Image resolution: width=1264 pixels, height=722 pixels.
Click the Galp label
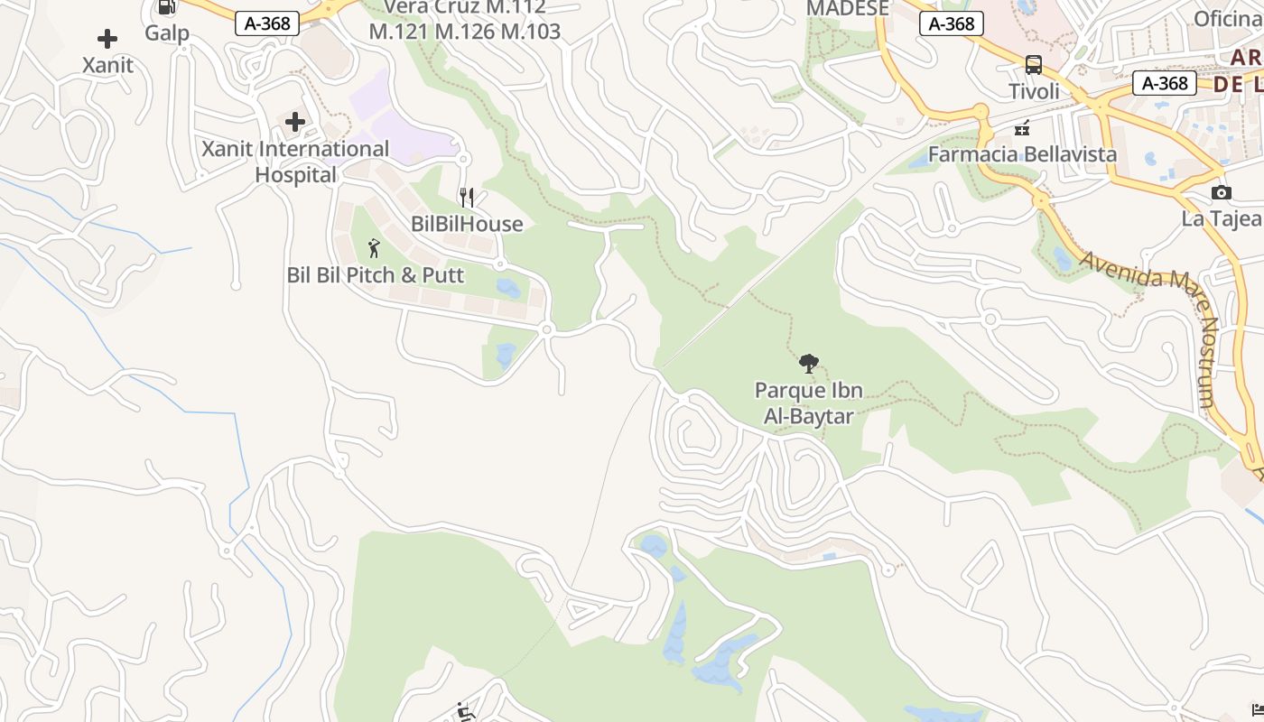coord(167,33)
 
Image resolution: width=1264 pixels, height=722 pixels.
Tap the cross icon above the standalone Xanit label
coord(107,39)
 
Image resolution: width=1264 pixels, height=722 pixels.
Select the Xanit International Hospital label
coord(295,162)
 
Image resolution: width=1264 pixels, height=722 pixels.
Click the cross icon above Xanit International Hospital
coord(295,122)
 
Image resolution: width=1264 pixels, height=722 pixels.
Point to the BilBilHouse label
coord(467,224)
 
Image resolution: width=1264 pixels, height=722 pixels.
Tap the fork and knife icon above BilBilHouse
coord(467,198)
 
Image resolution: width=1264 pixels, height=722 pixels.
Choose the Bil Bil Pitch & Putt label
coord(376,275)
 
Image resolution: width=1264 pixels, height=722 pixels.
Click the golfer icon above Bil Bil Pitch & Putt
coord(375,248)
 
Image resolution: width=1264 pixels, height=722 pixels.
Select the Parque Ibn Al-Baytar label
coord(809,403)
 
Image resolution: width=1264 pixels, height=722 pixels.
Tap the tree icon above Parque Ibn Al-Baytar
coord(809,364)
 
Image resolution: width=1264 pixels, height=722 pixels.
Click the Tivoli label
coord(1034,91)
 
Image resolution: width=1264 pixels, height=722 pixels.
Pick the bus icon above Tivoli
coord(1034,65)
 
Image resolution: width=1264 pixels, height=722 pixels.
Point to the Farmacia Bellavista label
coord(1022,154)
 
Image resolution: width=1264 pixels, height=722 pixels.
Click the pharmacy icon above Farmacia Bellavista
coord(1022,128)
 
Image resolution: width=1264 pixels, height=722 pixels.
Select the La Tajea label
coord(1221,218)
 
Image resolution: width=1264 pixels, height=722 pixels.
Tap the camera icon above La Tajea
coord(1221,192)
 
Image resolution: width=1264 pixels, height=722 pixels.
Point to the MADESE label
coord(847,9)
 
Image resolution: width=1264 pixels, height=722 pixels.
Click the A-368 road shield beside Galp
coord(267,23)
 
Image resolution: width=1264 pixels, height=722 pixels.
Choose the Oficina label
coord(1228,19)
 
